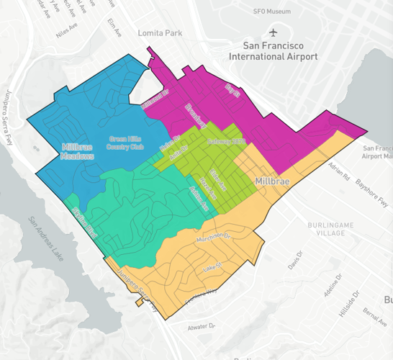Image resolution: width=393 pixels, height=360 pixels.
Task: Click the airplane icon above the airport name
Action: [273, 32]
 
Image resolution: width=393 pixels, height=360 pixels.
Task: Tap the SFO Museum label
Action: [272, 12]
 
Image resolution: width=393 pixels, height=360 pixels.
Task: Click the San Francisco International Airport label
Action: [273, 50]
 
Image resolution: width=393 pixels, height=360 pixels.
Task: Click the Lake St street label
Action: [211, 266]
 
